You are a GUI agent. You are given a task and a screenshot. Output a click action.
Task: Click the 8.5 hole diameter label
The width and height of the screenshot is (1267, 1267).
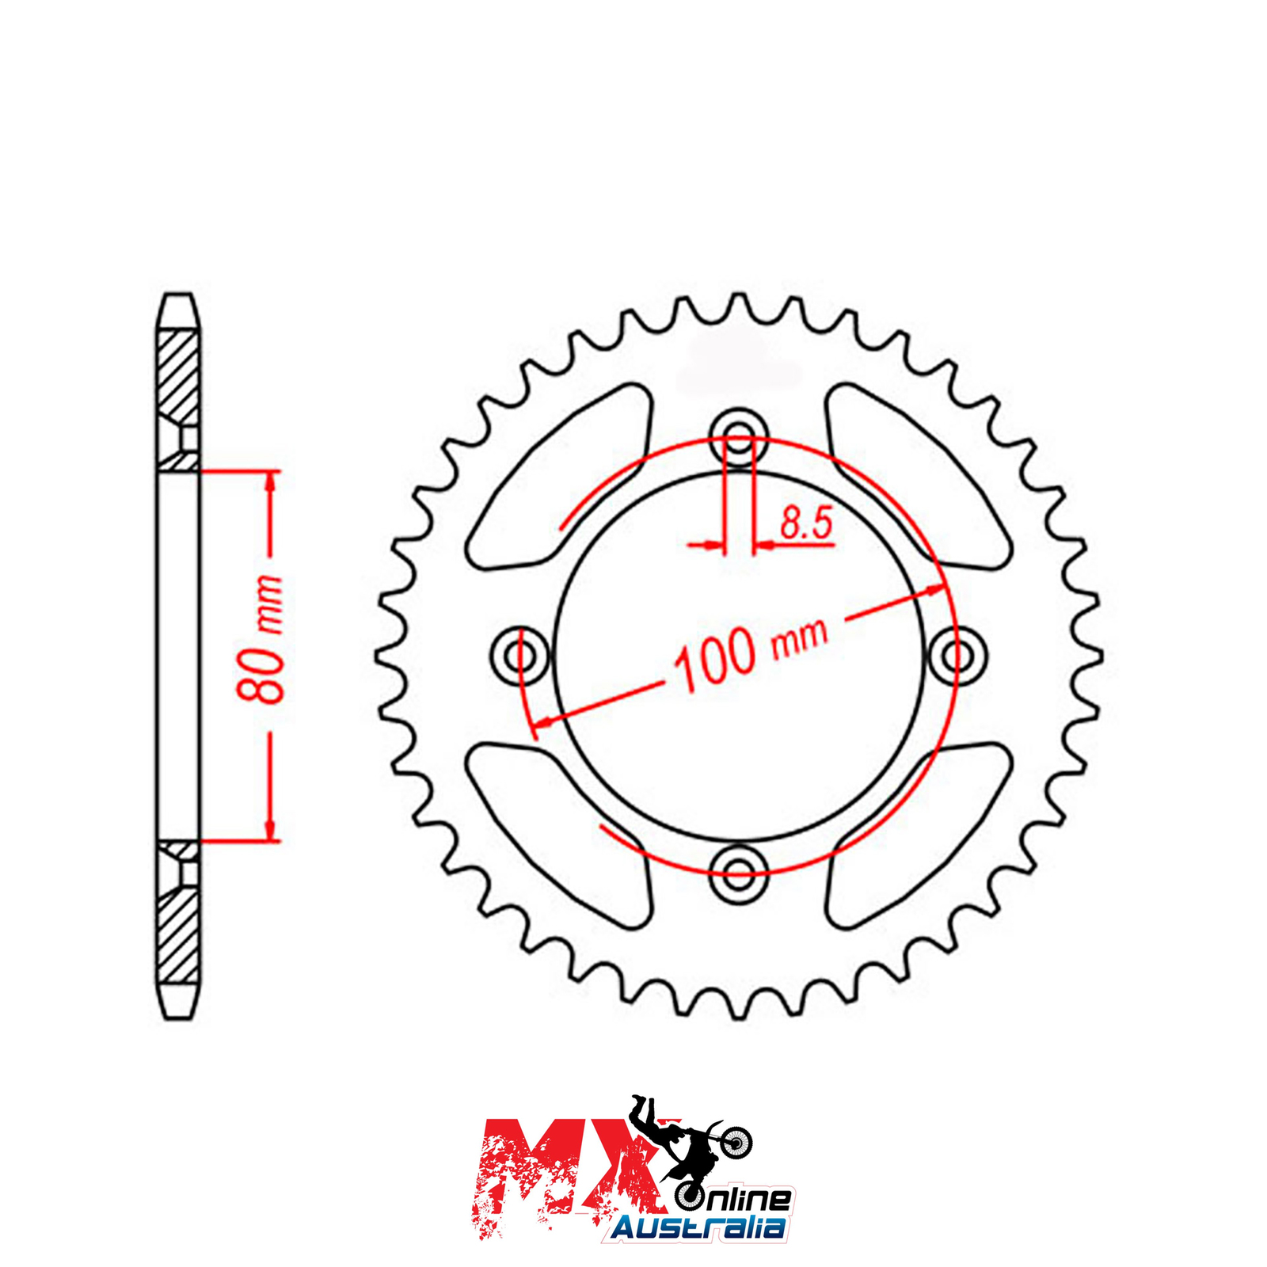pyautogui.click(x=806, y=524)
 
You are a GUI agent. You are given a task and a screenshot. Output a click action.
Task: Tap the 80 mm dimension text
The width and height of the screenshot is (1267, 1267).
pyautogui.click(x=261, y=639)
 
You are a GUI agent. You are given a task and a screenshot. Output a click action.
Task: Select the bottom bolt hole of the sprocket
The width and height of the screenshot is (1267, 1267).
pyautogui.click(x=739, y=874)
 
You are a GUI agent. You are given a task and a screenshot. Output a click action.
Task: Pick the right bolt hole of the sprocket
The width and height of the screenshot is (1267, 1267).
pyautogui.click(x=958, y=655)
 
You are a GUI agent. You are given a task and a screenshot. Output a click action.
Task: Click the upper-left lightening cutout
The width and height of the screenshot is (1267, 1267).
pyautogui.click(x=558, y=477)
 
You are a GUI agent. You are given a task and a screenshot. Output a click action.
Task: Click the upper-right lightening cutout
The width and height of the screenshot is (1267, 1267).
pyautogui.click(x=919, y=477)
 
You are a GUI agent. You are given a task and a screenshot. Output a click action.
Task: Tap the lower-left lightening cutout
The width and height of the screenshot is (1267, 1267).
pyautogui.click(x=558, y=835)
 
